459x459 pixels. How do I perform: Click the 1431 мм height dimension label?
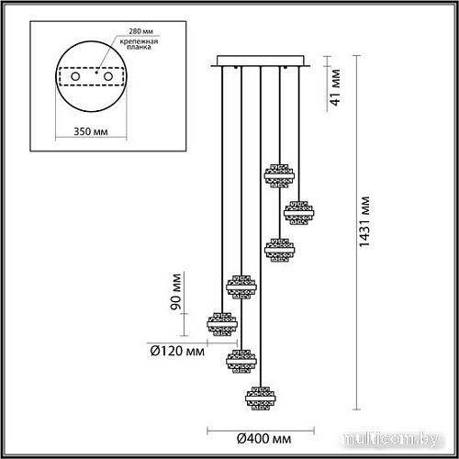(365, 226)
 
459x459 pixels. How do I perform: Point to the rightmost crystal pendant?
(297, 213)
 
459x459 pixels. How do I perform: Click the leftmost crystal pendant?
(222, 323)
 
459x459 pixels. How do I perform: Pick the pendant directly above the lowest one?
(241, 359)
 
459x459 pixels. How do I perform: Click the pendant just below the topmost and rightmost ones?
(278, 250)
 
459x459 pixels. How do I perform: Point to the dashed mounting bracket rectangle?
(91, 76)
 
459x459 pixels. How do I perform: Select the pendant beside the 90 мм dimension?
(241, 287)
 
